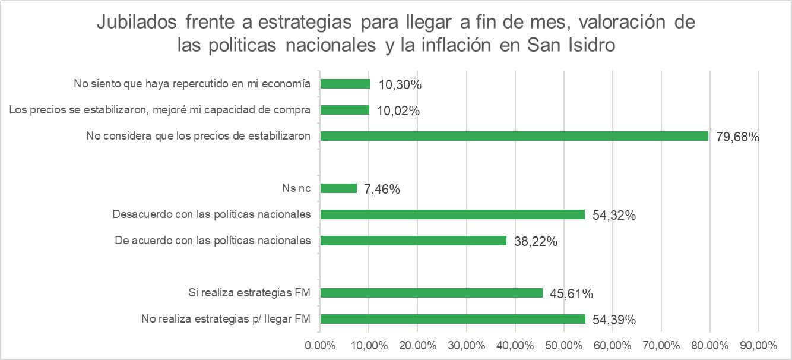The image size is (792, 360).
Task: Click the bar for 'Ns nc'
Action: tap(338, 188)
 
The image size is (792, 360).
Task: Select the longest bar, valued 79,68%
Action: tap(514, 136)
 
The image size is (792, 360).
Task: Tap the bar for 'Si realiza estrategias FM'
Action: tap(432, 293)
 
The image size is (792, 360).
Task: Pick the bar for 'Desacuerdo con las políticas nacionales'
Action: tap(452, 214)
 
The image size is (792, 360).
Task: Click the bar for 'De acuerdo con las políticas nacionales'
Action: tap(413, 241)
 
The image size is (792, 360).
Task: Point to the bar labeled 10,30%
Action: tap(346, 84)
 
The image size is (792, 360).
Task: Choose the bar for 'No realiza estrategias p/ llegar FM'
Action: tap(453, 319)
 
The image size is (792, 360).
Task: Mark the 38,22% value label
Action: tap(536, 242)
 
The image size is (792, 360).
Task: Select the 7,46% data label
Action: tap(382, 190)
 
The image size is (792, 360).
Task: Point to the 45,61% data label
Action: tap(572, 294)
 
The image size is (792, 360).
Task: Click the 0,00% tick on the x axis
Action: tap(320, 345)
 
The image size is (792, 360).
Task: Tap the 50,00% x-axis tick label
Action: tap(563, 345)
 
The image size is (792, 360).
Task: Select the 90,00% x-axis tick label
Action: tap(758, 345)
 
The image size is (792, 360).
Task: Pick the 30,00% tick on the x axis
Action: tap(466, 345)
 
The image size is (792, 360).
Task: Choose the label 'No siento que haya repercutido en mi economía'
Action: tap(192, 84)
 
